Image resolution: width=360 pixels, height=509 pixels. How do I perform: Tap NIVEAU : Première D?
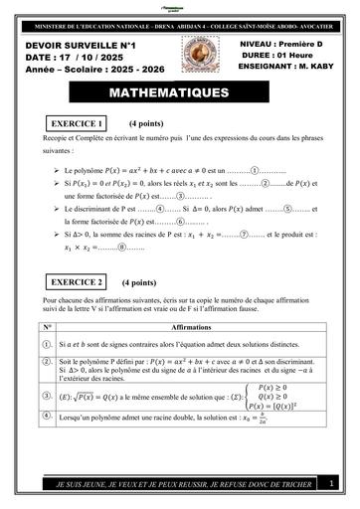click(x=285, y=46)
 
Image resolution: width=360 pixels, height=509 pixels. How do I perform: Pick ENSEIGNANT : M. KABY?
click(x=286, y=71)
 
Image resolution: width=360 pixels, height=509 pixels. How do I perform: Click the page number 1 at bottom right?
click(x=331, y=482)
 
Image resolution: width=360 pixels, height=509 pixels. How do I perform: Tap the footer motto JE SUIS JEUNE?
click(x=173, y=483)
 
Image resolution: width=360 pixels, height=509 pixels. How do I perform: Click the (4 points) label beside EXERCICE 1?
click(x=145, y=123)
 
